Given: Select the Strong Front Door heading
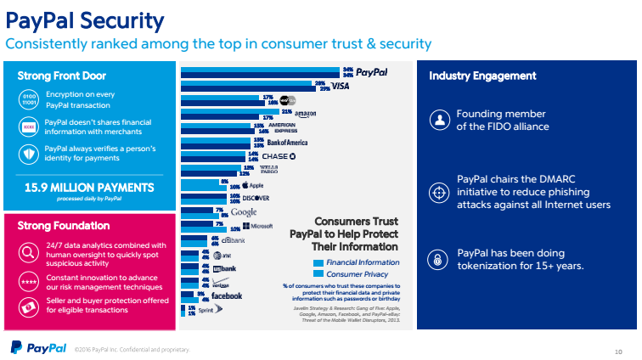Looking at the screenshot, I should (59, 76).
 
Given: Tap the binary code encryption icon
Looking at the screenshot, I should (27, 101).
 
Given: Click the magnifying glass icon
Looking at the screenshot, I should (27, 251).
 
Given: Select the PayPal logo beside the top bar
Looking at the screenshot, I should (376, 72).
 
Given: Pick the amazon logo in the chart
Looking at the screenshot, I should (305, 113).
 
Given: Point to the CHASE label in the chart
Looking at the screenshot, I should (279, 156).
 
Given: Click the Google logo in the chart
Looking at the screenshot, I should (244, 211).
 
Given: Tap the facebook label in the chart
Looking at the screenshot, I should (226, 295).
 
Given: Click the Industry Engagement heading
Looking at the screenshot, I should (482, 76).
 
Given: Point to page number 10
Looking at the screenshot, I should (617, 349).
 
